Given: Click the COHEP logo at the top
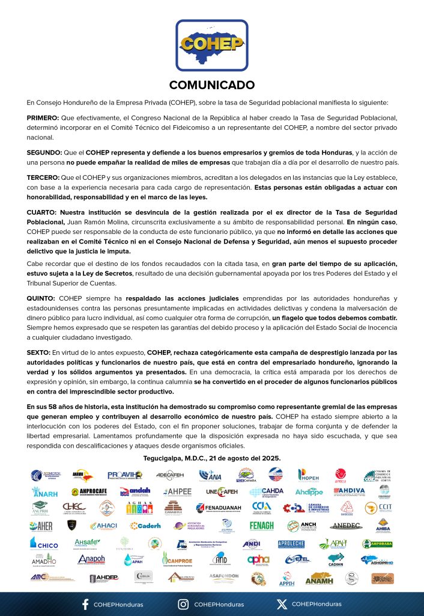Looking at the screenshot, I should click(211, 46).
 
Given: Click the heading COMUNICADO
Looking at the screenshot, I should click(211, 85).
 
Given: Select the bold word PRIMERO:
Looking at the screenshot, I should click(43, 118).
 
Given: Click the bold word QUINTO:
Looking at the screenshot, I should click(41, 299).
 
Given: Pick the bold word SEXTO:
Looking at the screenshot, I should click(40, 351).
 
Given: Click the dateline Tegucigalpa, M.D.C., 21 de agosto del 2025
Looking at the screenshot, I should click(212, 458).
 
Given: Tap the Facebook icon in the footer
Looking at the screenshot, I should click(85, 604).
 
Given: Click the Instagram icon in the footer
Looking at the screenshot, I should click(183, 604).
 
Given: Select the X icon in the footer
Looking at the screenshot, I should click(282, 604).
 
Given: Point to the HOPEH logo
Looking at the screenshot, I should click(310, 475).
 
